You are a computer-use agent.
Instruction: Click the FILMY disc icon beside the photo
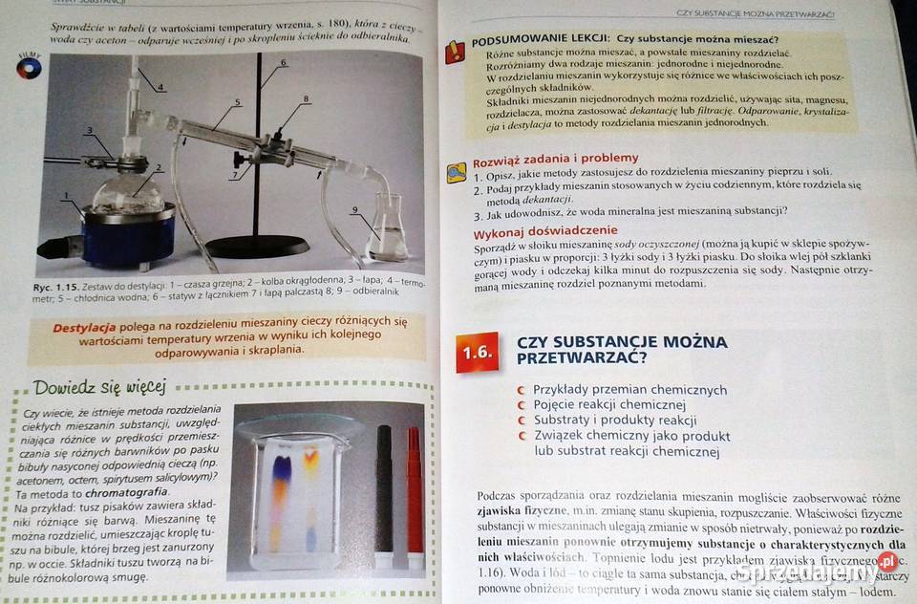coord(29,68)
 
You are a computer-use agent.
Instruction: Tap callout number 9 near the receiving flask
coord(354,209)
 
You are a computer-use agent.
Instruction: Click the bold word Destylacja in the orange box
coord(84,326)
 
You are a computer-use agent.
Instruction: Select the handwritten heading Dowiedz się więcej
coord(99,387)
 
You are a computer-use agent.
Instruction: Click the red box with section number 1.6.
coord(477,352)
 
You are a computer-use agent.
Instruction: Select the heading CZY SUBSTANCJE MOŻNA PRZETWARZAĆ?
coord(621,350)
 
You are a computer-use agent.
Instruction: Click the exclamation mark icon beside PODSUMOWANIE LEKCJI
coord(455,53)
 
